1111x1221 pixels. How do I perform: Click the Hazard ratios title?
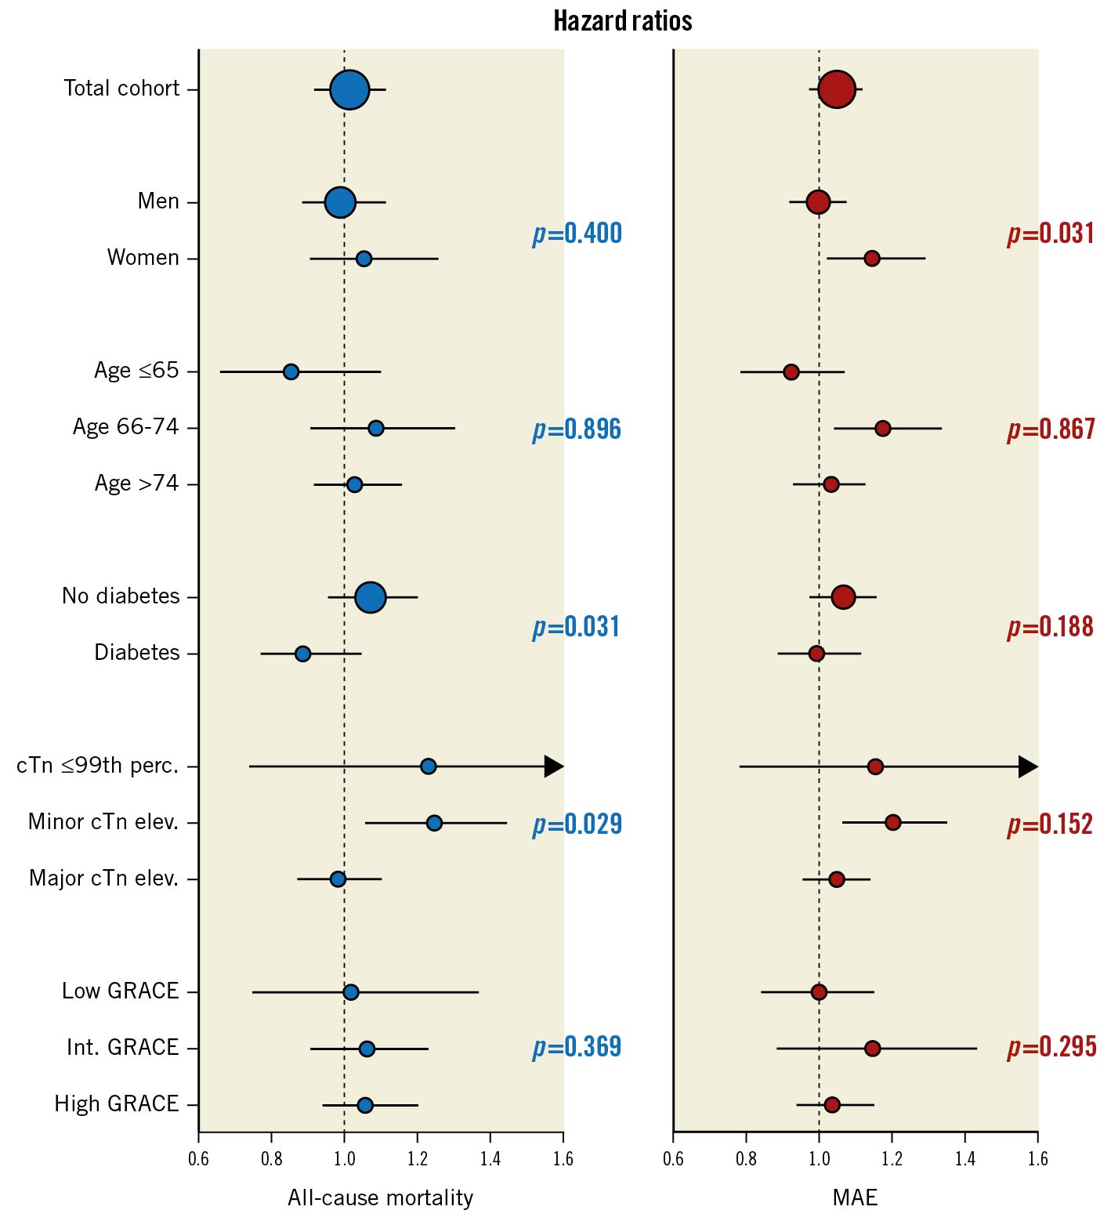click(623, 21)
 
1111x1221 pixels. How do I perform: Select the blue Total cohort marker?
click(349, 89)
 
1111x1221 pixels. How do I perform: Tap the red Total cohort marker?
click(837, 89)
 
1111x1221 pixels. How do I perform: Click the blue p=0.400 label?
click(577, 234)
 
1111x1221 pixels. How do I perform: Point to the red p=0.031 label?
click(1051, 234)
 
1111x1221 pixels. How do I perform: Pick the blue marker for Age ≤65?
click(291, 371)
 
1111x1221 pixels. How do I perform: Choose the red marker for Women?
click(871, 259)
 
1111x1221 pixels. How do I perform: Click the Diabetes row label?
click(137, 653)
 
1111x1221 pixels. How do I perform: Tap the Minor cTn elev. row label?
click(103, 822)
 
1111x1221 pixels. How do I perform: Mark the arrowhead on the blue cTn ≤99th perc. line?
click(554, 766)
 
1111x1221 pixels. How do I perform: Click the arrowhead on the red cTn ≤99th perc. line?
click(1028, 766)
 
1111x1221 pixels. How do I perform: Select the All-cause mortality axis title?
click(381, 1197)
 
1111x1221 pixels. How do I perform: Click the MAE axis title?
click(855, 1197)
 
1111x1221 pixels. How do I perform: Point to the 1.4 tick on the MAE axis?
click(965, 1158)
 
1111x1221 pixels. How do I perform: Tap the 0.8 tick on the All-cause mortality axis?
click(272, 1158)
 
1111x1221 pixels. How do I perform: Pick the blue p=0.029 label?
click(577, 824)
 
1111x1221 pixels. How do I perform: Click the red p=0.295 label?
click(1051, 1047)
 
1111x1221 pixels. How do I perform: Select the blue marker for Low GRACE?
click(351, 992)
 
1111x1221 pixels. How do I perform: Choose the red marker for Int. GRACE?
click(872, 1049)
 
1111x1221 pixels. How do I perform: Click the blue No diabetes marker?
click(371, 597)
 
